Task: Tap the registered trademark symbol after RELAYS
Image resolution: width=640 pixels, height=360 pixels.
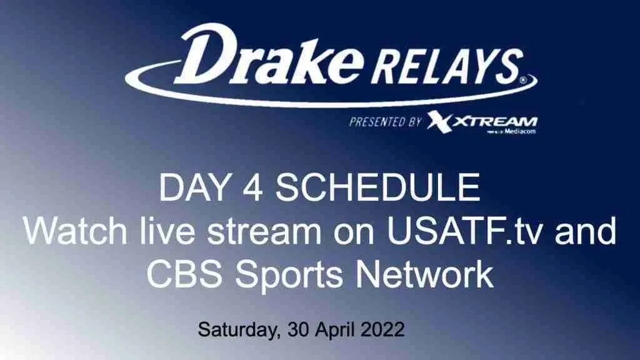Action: click(x=522, y=81)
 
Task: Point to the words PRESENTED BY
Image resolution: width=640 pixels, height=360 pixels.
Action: click(x=385, y=121)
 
